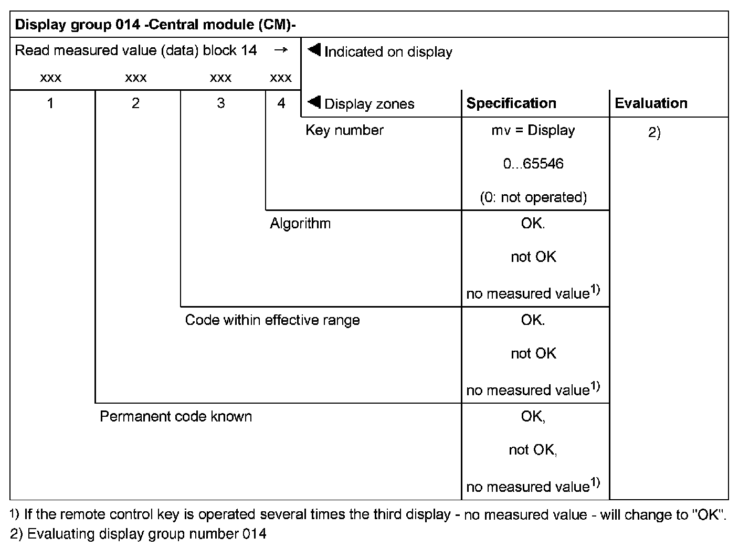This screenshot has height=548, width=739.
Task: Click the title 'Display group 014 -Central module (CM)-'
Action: [x=156, y=25]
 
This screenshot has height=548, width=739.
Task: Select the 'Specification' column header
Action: [x=511, y=103]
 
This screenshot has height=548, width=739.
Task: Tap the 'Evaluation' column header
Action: [x=651, y=103]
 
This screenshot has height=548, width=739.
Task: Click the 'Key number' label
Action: [x=344, y=130]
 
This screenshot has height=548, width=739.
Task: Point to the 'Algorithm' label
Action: [x=300, y=224]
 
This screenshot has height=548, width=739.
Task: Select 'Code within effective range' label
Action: [x=272, y=320]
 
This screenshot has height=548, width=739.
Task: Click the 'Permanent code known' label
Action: [x=176, y=417]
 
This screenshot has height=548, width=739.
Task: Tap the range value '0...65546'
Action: [x=533, y=164]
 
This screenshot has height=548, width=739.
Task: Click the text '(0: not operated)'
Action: [x=533, y=197]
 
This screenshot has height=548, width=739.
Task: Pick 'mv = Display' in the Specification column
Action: [x=533, y=130]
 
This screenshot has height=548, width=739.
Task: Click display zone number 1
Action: [x=50, y=103]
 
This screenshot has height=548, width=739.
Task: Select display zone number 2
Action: [x=135, y=103]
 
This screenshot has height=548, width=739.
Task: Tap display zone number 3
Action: [x=220, y=103]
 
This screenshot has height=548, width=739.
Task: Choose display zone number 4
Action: [x=281, y=103]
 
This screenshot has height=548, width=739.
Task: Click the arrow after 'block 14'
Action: [x=281, y=50]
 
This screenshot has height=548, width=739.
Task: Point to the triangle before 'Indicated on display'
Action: [x=314, y=50]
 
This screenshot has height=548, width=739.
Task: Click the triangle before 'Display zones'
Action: [x=314, y=102]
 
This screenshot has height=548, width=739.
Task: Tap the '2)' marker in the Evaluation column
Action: [x=654, y=133]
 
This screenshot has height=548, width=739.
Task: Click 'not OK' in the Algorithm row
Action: [x=533, y=257]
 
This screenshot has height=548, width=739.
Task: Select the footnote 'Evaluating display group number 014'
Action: [x=146, y=534]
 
